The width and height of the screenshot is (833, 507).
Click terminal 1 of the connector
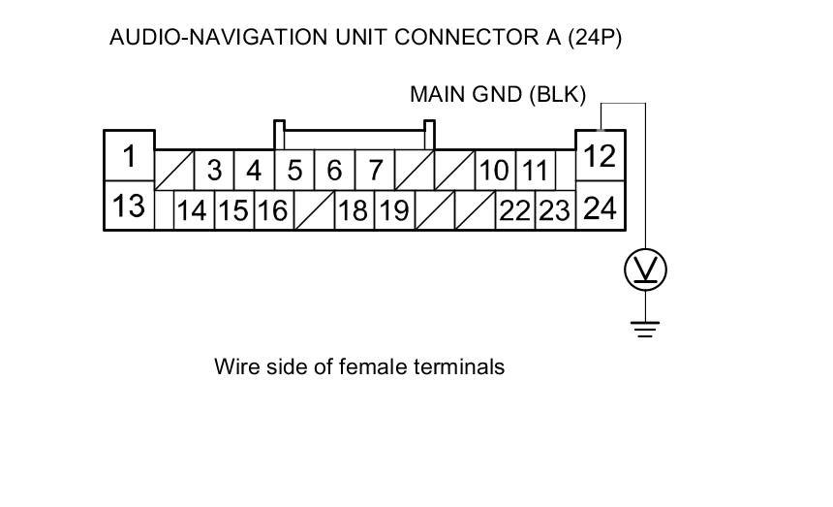(x=129, y=155)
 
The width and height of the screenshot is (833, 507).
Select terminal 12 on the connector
(x=601, y=155)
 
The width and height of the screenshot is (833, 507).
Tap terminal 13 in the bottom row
(x=129, y=206)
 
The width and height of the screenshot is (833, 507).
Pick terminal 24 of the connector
(x=601, y=206)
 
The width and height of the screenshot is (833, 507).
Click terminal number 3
(x=214, y=171)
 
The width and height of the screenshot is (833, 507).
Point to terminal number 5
(x=294, y=171)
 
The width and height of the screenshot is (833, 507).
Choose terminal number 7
(x=375, y=171)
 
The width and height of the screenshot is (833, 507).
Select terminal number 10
(x=494, y=171)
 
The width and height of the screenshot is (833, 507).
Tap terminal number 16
(x=273, y=210)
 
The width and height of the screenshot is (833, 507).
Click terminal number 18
(x=353, y=210)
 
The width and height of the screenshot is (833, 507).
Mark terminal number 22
(x=514, y=210)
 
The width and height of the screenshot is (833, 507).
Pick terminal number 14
(x=193, y=210)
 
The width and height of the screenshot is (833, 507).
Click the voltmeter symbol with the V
(x=645, y=269)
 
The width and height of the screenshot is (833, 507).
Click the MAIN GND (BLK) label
(x=498, y=95)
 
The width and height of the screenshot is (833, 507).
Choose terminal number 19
(x=393, y=210)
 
